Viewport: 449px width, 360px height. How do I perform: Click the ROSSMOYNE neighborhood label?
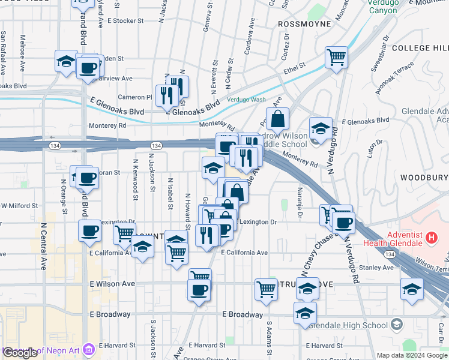pos(305,24)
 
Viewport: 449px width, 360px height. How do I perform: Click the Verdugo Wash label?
pos(246,100)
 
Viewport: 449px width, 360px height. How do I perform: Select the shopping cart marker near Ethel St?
pos(337,58)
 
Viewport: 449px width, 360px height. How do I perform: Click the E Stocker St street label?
pos(125,20)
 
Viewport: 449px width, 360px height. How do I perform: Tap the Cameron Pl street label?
pos(135,97)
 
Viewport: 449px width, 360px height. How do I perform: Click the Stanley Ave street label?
pos(376,267)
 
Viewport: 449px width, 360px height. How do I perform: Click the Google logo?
pos(20,353)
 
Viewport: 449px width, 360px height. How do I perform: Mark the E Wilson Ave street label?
pos(113,283)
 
